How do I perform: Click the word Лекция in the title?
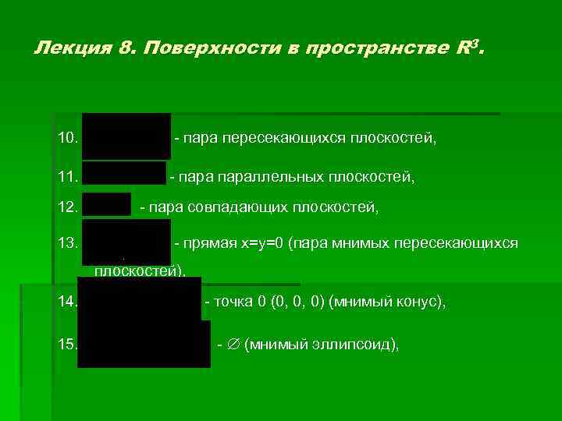click(x=63, y=49)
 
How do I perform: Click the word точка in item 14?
click(x=231, y=302)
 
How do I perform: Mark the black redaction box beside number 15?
click(x=144, y=343)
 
